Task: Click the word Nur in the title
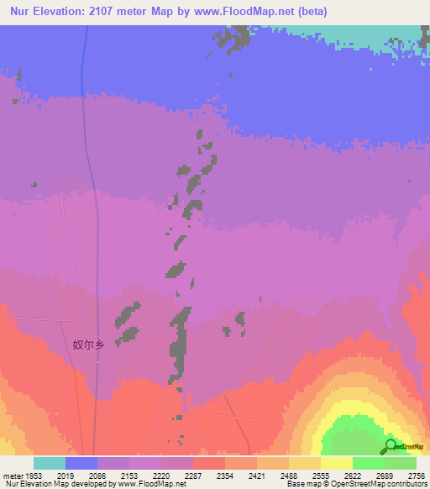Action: coord(21,12)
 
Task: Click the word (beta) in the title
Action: coord(309,12)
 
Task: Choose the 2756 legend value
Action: coord(417,476)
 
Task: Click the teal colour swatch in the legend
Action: coord(50,463)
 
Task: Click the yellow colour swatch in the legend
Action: coord(336,463)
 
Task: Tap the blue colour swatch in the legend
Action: coord(81,463)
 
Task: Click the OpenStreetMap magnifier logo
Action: coord(389,446)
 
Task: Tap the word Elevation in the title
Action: coord(64,12)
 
